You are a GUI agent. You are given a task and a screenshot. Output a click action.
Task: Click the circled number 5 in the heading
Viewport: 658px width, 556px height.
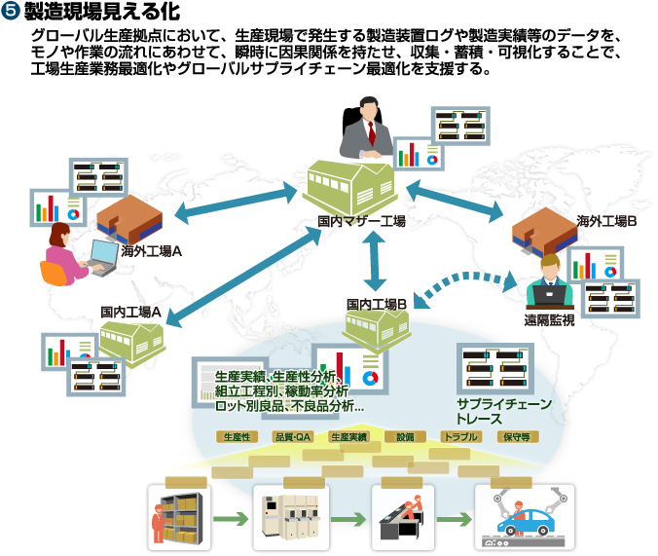click(13, 12)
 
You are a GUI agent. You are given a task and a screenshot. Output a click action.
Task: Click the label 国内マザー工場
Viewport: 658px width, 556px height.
click(362, 221)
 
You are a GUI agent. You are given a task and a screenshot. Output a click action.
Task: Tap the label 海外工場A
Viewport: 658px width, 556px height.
click(153, 250)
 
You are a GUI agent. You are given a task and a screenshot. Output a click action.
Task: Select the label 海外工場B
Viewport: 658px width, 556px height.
click(605, 221)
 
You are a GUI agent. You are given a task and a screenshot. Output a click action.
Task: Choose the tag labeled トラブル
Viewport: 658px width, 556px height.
click(460, 437)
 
